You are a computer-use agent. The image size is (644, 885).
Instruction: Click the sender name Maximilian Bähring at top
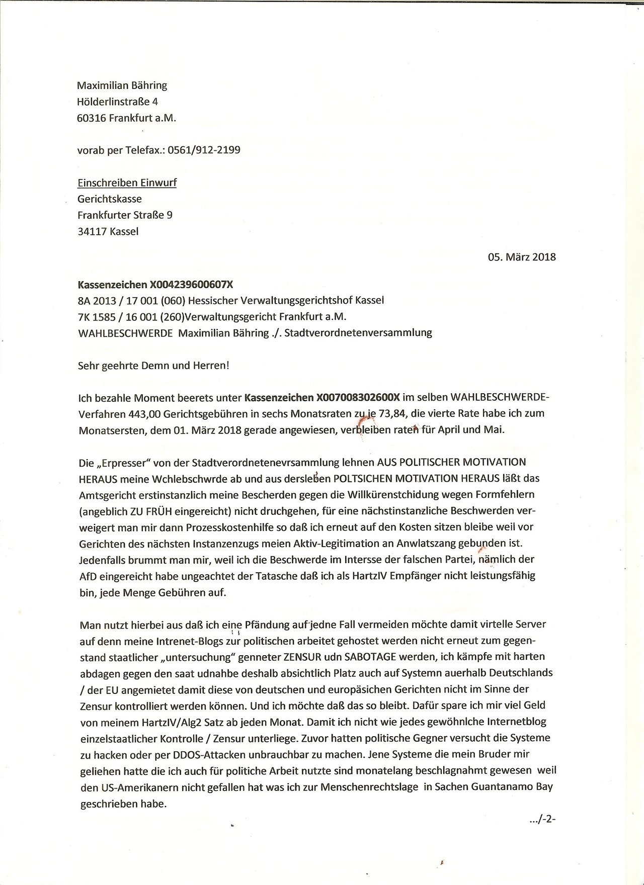(x=122, y=85)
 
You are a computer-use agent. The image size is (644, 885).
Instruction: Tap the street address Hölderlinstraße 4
(x=118, y=102)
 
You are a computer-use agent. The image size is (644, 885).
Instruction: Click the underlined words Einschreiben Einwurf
(x=127, y=183)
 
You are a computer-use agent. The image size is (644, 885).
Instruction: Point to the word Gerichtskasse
(x=110, y=199)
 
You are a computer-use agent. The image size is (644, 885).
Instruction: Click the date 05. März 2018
(x=522, y=257)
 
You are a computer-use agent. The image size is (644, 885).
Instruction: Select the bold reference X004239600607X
(x=192, y=285)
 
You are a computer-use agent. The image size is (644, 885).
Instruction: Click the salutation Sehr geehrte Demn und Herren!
(x=153, y=365)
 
